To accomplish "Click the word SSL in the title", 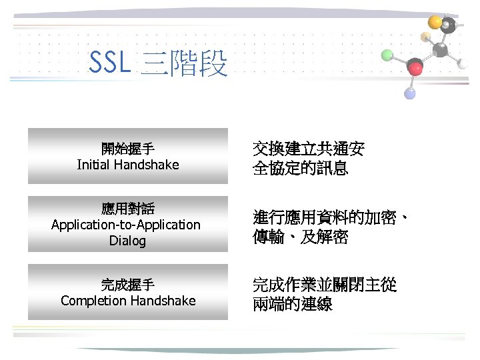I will click(x=111, y=64).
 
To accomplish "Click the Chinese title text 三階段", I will click(x=185, y=65).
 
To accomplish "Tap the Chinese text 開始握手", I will click(x=127, y=149).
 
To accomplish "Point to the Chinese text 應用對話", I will click(x=127, y=209).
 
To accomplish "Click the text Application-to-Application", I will click(x=126, y=225).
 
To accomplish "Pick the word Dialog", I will click(x=127, y=240).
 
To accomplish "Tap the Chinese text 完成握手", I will click(x=127, y=285).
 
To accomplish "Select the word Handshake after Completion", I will click(x=163, y=301).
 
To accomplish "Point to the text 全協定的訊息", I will click(x=300, y=168).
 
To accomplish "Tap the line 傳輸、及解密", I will click(x=300, y=237).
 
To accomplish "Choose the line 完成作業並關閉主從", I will click(x=325, y=286).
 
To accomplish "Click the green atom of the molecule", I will click(x=387, y=55).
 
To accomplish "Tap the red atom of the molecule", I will click(x=415, y=67).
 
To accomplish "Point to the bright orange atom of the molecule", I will click(x=435, y=22).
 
